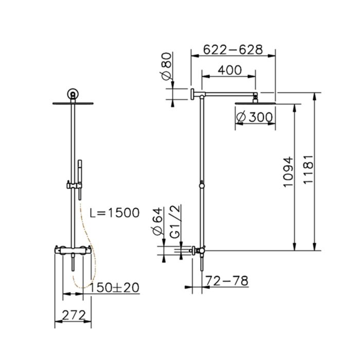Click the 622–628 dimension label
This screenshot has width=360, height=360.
(233, 49)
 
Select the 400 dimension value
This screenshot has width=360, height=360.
(229, 70)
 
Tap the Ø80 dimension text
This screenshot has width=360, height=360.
(167, 66)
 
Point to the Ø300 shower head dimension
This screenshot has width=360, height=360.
(255, 117)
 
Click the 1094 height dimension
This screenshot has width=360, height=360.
(289, 172)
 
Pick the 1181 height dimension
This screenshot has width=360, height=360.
(308, 169)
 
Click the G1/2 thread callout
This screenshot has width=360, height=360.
(176, 222)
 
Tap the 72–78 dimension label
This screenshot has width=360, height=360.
(226, 281)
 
